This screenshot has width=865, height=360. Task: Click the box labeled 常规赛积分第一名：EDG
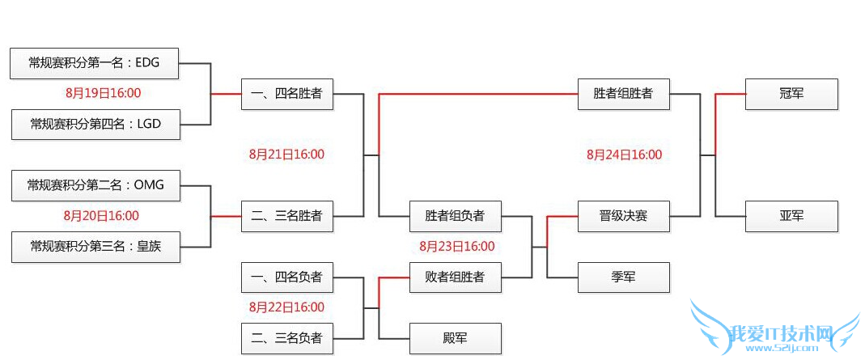point(95,63)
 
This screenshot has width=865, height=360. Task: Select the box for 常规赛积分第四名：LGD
point(95,124)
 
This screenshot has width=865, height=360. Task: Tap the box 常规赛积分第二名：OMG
point(95,185)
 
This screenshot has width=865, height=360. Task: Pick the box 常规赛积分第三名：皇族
point(95,247)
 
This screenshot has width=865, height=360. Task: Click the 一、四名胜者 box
point(286,94)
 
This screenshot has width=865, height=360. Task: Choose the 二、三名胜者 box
point(286,216)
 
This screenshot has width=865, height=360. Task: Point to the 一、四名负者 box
point(286,277)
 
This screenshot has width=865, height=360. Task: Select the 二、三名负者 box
point(286,338)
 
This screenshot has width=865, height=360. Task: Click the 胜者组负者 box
point(455,216)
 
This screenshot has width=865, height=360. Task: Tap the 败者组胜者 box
point(455,277)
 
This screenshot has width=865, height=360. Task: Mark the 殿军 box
point(455,338)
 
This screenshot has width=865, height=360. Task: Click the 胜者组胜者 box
point(623,94)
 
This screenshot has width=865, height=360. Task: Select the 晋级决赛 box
point(623,216)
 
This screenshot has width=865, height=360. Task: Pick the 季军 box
point(623,277)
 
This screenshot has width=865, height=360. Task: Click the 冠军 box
point(791,94)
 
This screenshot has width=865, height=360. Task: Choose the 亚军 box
point(791,216)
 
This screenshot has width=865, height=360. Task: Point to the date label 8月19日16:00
point(103,93)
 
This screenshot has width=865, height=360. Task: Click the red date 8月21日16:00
point(286,155)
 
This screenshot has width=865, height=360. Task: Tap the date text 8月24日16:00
point(624,155)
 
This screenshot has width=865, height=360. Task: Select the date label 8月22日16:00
point(286,307)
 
